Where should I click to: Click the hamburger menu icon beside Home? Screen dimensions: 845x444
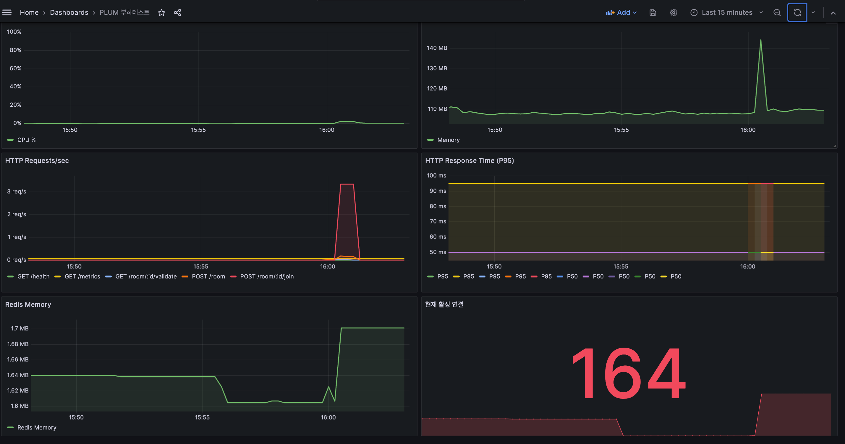pyautogui.click(x=7, y=12)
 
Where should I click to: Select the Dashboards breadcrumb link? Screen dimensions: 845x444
pyautogui.click(x=69, y=12)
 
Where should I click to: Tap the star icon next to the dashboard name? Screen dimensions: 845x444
pyautogui.click(x=161, y=12)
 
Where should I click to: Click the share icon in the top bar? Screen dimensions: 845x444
pyautogui.click(x=177, y=12)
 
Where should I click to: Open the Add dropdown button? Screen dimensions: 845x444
pyautogui.click(x=621, y=12)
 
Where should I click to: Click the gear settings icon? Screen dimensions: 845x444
pyautogui.click(x=674, y=12)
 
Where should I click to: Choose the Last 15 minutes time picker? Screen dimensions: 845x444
pyautogui.click(x=726, y=12)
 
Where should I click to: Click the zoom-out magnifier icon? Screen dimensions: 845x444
pyautogui.click(x=777, y=12)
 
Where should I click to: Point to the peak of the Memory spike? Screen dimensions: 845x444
pyautogui.click(x=761, y=40)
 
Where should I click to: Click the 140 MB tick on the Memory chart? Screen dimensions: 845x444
pyautogui.click(x=437, y=48)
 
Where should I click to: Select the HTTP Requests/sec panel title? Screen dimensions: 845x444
pyautogui.click(x=37, y=160)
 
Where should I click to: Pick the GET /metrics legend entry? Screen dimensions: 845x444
pyautogui.click(x=77, y=276)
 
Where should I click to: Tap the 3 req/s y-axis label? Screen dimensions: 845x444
pyautogui.click(x=17, y=192)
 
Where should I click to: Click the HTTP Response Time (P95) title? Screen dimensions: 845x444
pyautogui.click(x=470, y=160)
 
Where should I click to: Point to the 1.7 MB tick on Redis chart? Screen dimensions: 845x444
pyautogui.click(x=20, y=328)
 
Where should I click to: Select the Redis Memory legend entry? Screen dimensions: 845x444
pyautogui.click(x=32, y=427)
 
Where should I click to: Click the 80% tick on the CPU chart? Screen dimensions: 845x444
pyautogui.click(x=15, y=50)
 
